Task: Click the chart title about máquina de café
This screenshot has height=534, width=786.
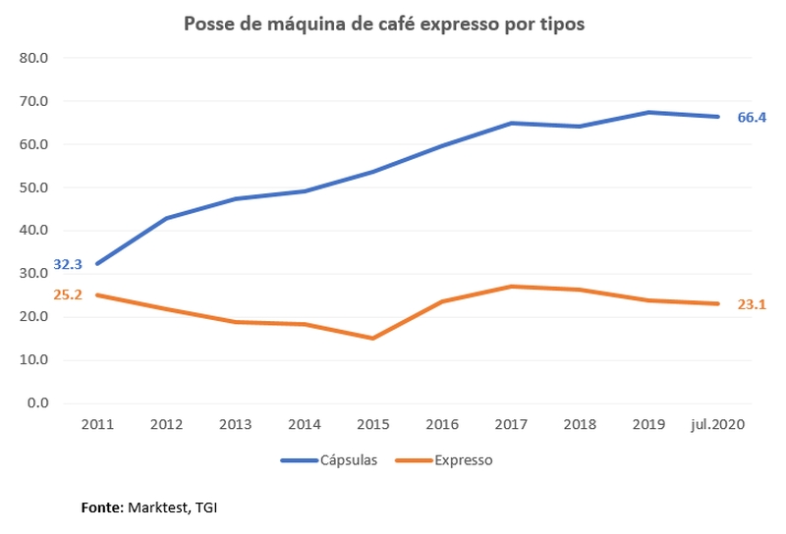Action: click(x=384, y=24)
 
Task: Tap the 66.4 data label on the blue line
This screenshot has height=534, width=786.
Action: click(x=752, y=117)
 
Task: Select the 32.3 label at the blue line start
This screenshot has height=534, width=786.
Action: click(x=68, y=264)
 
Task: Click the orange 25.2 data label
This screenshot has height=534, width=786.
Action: click(x=68, y=294)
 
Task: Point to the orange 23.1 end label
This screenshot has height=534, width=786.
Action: click(x=752, y=304)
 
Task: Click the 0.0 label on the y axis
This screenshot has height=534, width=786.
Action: click(x=38, y=402)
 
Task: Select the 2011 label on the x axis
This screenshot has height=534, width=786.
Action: click(x=97, y=424)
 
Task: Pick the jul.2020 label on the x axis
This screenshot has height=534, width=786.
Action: click(x=716, y=424)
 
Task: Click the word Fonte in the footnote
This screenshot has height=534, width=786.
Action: click(x=101, y=507)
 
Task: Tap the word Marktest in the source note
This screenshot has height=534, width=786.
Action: click(x=158, y=507)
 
